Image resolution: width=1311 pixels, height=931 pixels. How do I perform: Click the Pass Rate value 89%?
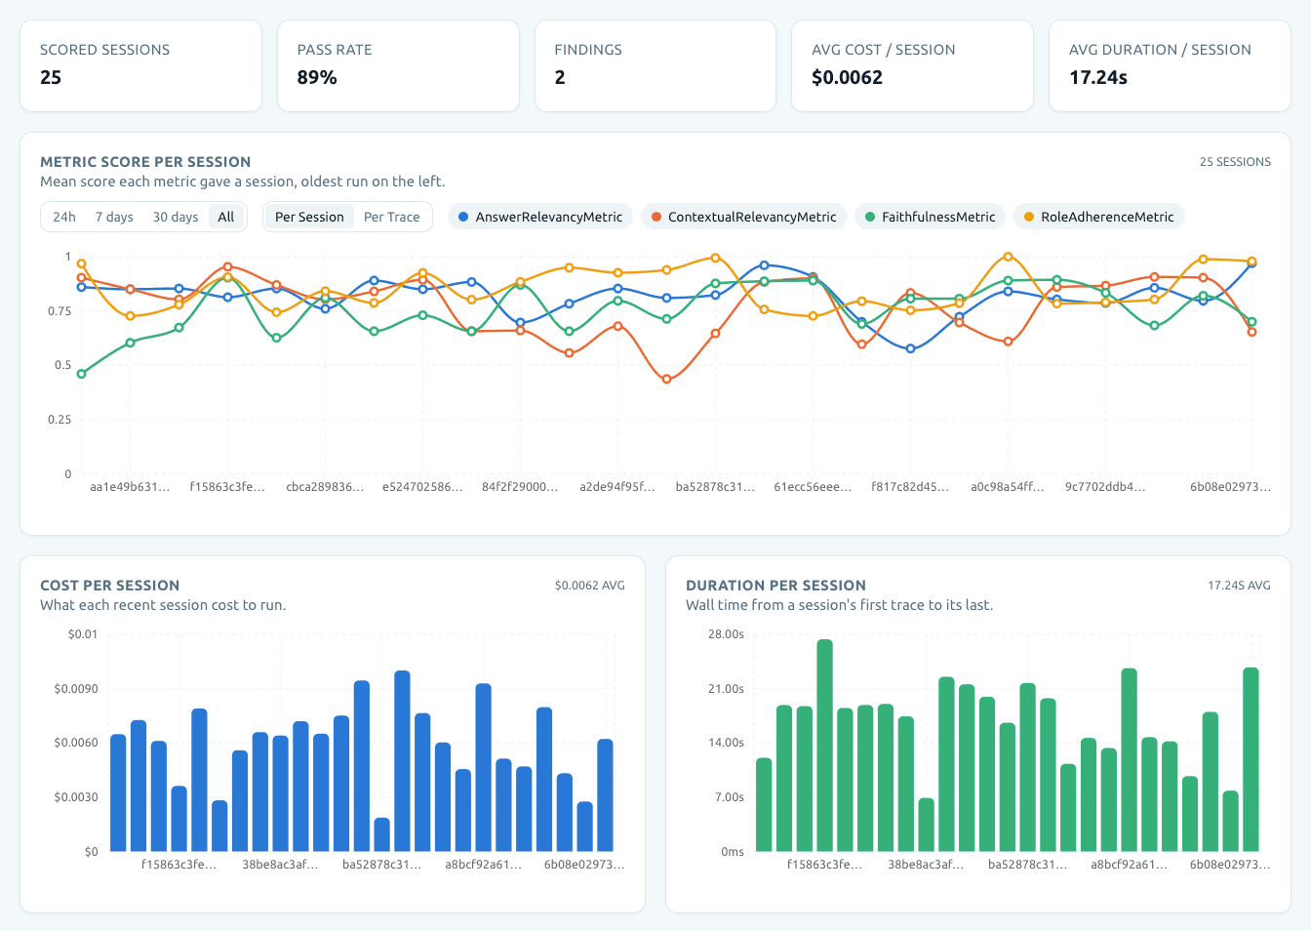pos(317,77)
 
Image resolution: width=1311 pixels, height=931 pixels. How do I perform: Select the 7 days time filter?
pos(114,218)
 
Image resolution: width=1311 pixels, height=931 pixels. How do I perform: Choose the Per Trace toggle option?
pos(391,218)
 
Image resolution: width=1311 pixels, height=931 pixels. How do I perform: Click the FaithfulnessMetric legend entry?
pos(930,217)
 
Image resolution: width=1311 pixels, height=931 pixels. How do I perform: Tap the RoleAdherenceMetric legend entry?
pos(1099,217)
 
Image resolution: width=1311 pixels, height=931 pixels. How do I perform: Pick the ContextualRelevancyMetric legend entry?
pos(744,217)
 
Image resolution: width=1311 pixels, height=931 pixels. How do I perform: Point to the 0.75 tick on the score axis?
pos(60,311)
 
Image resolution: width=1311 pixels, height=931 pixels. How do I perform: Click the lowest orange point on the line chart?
pos(666,380)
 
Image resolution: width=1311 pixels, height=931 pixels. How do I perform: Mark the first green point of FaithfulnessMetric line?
pos(81,374)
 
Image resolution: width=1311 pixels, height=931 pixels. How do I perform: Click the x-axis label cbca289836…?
pos(325,487)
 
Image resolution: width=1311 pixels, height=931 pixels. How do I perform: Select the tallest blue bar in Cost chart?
pos(402,760)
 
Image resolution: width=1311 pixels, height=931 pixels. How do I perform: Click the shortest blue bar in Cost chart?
pos(381,834)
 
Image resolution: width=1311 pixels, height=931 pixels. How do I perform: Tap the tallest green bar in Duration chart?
pos(824,746)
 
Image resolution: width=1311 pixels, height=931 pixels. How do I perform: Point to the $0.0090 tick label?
pos(76,689)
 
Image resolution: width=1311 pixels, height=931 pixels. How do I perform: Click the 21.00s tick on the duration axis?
pos(726,689)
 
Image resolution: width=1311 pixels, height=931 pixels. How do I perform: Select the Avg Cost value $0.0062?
pos(847,77)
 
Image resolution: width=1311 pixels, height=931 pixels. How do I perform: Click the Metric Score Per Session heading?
pos(145,162)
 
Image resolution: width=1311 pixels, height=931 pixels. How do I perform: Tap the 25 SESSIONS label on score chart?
pos(1235,162)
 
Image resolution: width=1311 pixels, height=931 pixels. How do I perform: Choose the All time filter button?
pos(226,218)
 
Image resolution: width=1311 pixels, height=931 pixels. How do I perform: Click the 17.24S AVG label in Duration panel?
pos(1239,585)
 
